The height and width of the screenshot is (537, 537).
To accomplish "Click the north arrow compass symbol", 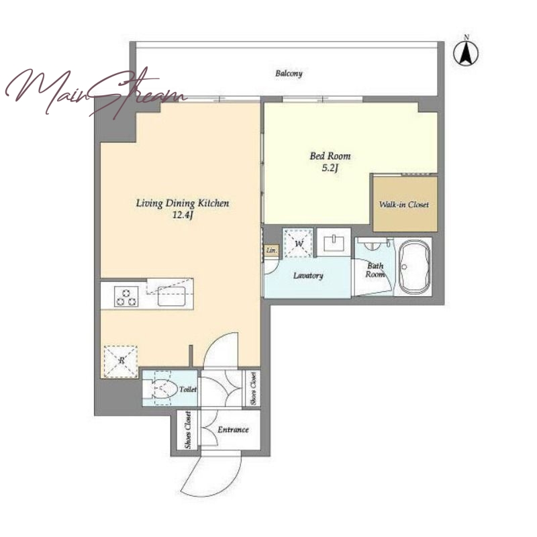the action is point(466,52).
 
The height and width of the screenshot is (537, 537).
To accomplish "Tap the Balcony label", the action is point(289,73).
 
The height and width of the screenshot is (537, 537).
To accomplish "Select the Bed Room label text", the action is point(330,156).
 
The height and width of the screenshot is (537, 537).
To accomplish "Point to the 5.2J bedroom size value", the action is point(330,168).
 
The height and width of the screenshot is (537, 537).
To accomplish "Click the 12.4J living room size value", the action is point(183,215).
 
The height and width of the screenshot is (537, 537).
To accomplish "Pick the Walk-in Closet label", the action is point(404,205).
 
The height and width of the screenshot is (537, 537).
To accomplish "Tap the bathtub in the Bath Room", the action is point(414,266).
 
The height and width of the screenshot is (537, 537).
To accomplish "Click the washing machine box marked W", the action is point(298,243).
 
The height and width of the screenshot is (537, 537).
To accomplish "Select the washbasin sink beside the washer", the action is point(334,242).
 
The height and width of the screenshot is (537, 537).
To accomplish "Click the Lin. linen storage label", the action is point(271,250).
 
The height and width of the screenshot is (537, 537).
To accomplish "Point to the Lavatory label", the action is point(308,276).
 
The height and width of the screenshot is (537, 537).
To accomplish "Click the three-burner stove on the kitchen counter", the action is point(126,297).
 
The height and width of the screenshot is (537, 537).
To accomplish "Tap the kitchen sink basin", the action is point(172,296).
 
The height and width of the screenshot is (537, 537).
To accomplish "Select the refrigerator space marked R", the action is point(121,362).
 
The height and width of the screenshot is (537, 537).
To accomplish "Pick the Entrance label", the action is point(233,430).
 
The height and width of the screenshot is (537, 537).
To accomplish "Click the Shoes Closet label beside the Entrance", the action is point(188,430).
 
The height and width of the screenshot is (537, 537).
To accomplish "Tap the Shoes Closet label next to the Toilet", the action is point(254,389).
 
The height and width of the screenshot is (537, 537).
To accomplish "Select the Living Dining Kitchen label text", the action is point(183,203).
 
